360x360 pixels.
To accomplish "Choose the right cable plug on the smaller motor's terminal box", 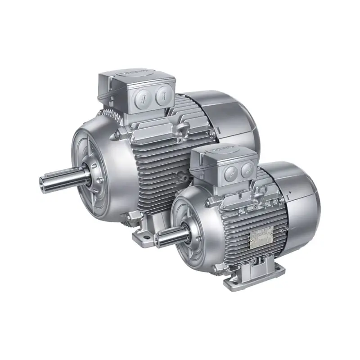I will click(x=247, y=170).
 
